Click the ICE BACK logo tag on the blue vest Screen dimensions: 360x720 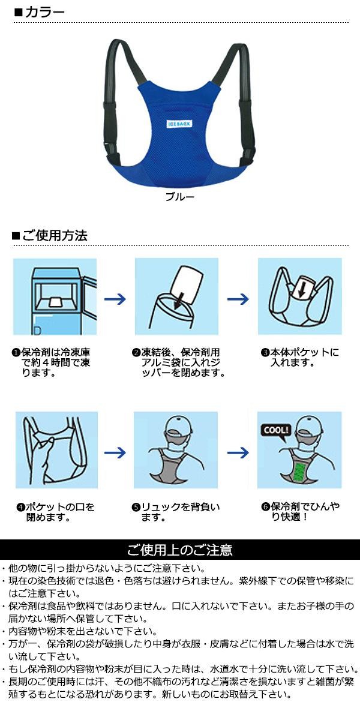pos(179,124)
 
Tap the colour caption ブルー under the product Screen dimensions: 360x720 pos(179,197)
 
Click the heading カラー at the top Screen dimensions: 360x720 pos(44,12)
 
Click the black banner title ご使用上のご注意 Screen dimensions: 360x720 pos(179,550)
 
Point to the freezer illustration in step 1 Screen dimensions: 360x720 pos(55,296)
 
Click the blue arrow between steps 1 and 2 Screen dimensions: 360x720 pos(115,299)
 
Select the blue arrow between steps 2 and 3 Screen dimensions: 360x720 pos(238,299)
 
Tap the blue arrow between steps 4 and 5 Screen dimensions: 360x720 pos(115,453)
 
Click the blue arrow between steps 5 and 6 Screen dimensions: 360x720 pos(238,453)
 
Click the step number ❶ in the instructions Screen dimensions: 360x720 pos(16,353)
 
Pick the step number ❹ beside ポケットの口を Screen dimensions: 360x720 pos(20,507)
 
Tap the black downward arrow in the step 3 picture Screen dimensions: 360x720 pos(301,289)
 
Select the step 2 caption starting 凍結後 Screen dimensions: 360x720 pos(179,362)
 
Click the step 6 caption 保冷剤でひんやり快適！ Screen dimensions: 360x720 pos(301,512)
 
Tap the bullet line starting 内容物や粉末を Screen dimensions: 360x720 pos(83,631)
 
